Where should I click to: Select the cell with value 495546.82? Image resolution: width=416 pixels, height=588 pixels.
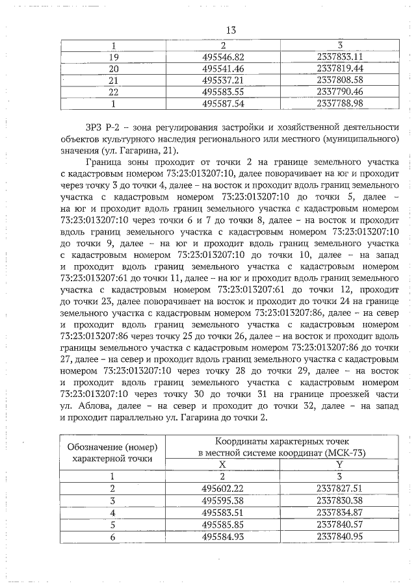[223, 57]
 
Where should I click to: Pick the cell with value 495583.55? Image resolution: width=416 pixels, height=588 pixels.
[223, 92]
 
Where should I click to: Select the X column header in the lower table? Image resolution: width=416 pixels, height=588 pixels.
[222, 465]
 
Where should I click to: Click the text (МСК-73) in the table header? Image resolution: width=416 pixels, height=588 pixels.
[355, 453]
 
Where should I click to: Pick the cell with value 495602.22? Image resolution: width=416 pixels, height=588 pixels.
[223, 488]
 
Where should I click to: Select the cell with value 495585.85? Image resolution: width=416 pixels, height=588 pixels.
[223, 523]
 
